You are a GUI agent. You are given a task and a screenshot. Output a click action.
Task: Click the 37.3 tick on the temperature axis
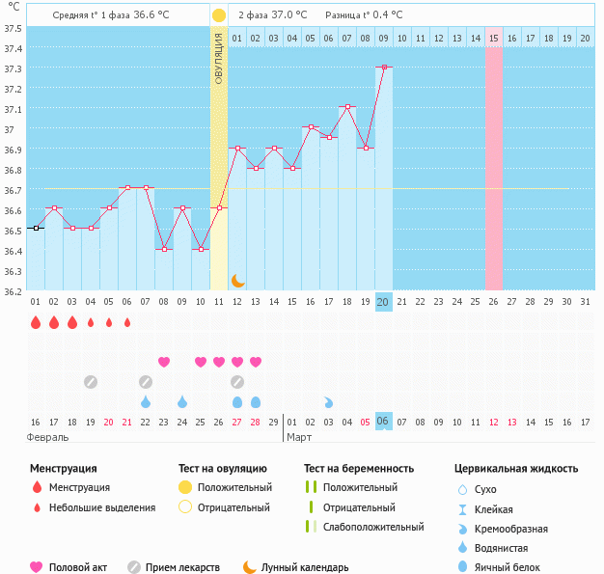click(14, 68)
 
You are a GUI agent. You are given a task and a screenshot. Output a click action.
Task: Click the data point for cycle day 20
click(384, 67)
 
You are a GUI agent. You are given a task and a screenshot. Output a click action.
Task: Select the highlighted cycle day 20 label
click(383, 302)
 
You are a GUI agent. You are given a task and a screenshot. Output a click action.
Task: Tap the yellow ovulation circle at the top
click(219, 15)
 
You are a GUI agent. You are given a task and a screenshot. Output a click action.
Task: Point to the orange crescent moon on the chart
click(237, 281)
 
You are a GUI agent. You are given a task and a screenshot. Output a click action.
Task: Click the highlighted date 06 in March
click(383, 422)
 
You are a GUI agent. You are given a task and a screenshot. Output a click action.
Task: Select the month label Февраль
click(48, 437)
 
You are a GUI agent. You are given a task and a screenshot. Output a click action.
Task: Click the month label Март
click(300, 437)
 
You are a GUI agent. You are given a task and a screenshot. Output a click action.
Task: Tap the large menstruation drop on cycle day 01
click(36, 322)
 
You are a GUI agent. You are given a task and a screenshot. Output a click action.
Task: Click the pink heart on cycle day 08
click(164, 362)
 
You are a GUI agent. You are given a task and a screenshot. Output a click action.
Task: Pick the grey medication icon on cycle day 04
click(90, 382)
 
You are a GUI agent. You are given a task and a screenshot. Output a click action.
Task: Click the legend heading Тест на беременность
click(359, 469)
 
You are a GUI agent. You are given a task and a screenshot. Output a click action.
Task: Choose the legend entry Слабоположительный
click(373, 527)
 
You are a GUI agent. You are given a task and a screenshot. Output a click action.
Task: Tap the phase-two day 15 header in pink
click(494, 38)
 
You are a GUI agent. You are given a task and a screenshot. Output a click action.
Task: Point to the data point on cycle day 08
click(164, 249)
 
